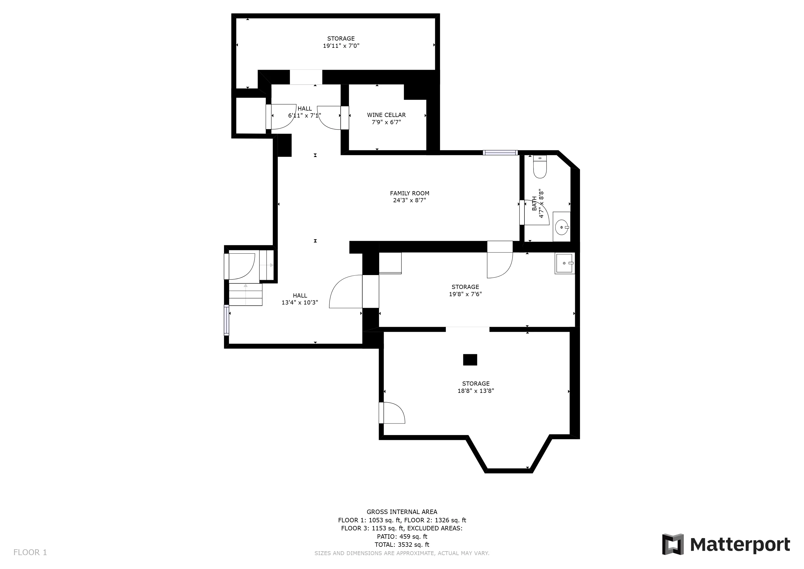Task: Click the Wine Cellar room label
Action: [386, 115]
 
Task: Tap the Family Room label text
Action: [409, 193]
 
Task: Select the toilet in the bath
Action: [540, 167]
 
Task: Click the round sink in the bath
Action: [562, 227]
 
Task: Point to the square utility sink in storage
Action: [564, 263]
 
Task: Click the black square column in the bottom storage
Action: [470, 360]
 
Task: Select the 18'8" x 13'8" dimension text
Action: [476, 391]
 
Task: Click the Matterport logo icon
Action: [673, 544]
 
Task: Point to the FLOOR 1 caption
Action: [30, 553]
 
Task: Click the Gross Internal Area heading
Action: [402, 512]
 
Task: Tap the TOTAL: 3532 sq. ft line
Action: [402, 545]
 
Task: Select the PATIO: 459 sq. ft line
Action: [402, 536]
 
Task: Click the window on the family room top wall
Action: [500, 153]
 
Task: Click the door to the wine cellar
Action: [330, 118]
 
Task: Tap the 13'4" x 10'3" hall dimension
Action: [300, 302]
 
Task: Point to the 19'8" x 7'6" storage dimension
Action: [465, 294]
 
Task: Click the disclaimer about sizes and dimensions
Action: [402, 553]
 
